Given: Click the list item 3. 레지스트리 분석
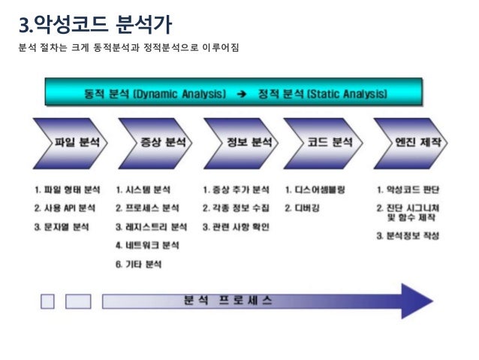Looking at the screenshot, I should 151,226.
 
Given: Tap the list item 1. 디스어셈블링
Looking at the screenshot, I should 315,190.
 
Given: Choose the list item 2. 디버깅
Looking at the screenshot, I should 304,207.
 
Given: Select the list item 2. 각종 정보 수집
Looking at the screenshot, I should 236,208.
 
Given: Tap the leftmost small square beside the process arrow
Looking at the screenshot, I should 48,301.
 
